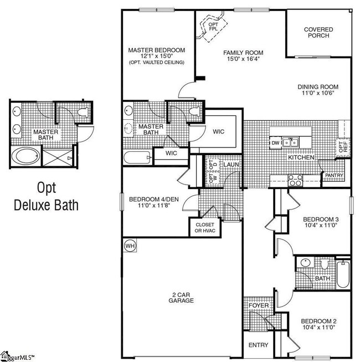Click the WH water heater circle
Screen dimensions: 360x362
(x=130, y=246)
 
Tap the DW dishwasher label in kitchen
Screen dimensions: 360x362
(x=275, y=143)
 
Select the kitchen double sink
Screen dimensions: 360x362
(x=290, y=143)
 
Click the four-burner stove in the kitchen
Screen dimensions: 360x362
(x=295, y=180)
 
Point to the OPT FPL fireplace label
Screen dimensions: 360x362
(x=213, y=27)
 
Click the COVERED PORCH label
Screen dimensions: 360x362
(x=318, y=33)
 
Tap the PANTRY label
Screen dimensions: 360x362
(x=334, y=175)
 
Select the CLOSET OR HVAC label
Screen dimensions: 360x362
(x=205, y=228)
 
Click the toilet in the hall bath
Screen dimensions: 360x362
(x=325, y=264)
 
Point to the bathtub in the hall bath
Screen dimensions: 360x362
(x=343, y=274)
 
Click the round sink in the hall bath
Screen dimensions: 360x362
(x=305, y=263)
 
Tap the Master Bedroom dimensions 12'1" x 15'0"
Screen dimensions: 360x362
(x=157, y=56)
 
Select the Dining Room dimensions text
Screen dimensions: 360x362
(x=318, y=93)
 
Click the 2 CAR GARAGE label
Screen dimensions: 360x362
(x=181, y=298)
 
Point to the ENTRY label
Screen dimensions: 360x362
(x=258, y=345)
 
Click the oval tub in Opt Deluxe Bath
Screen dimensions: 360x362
(x=25, y=156)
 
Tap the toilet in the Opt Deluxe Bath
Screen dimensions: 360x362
(x=83, y=112)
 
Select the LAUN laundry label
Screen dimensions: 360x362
(x=231, y=165)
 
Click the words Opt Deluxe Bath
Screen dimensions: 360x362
(x=46, y=196)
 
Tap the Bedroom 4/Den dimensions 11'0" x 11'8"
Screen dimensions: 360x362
(x=154, y=205)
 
